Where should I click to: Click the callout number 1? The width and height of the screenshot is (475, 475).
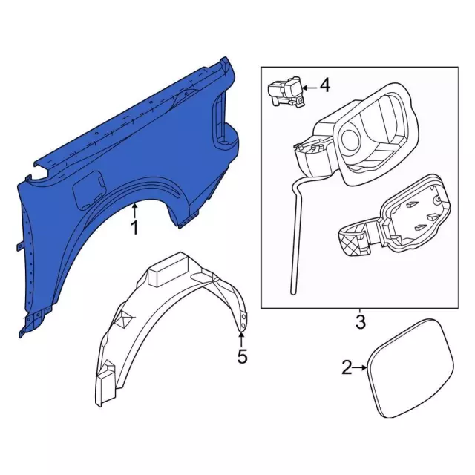(x=134, y=228)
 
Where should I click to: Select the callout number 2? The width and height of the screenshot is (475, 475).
(x=347, y=367)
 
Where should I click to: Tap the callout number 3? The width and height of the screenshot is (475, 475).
(x=361, y=322)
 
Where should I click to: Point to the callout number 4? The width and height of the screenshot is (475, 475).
(x=325, y=85)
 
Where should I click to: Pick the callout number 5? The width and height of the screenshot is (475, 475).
(x=242, y=356)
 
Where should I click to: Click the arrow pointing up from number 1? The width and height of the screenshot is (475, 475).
(x=134, y=211)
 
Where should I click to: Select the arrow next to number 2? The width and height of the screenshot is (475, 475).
(x=360, y=367)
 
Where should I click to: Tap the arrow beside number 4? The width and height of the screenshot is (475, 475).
(x=309, y=88)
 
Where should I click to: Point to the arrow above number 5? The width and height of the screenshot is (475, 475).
(x=241, y=339)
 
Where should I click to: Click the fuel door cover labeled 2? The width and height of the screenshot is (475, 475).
(x=410, y=368)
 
